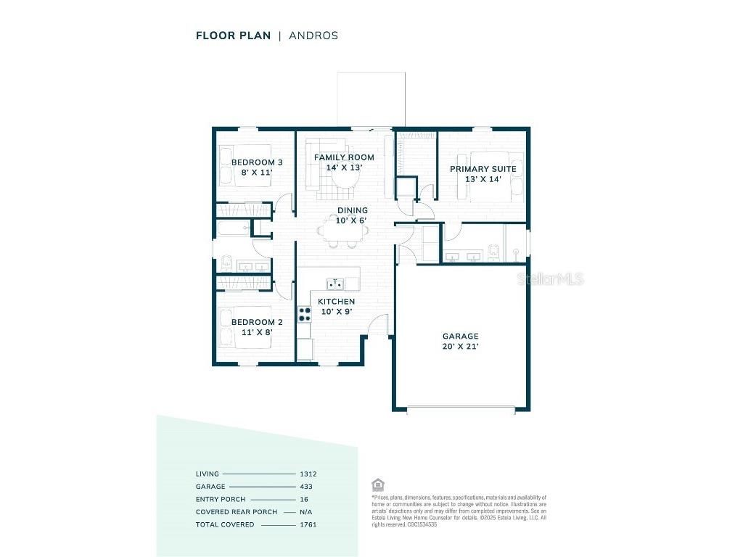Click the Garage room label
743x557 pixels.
(461, 341)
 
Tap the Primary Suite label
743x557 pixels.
(483, 174)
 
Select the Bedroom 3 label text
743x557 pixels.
(252, 168)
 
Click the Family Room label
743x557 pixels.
(344, 162)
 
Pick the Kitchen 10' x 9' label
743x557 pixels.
(337, 306)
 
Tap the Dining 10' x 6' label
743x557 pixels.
(352, 215)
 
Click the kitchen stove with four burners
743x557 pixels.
(305, 314)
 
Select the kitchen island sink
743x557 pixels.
(335, 283)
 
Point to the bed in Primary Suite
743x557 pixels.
(496, 176)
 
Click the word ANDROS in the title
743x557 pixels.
(314, 35)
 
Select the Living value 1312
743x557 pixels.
(308, 474)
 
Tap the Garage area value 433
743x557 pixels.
(306, 487)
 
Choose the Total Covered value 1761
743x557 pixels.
(308, 524)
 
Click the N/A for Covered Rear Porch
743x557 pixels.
(306, 512)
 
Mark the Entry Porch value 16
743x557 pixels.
(304, 499)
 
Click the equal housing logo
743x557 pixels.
(377, 484)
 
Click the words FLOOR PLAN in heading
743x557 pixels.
(233, 35)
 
